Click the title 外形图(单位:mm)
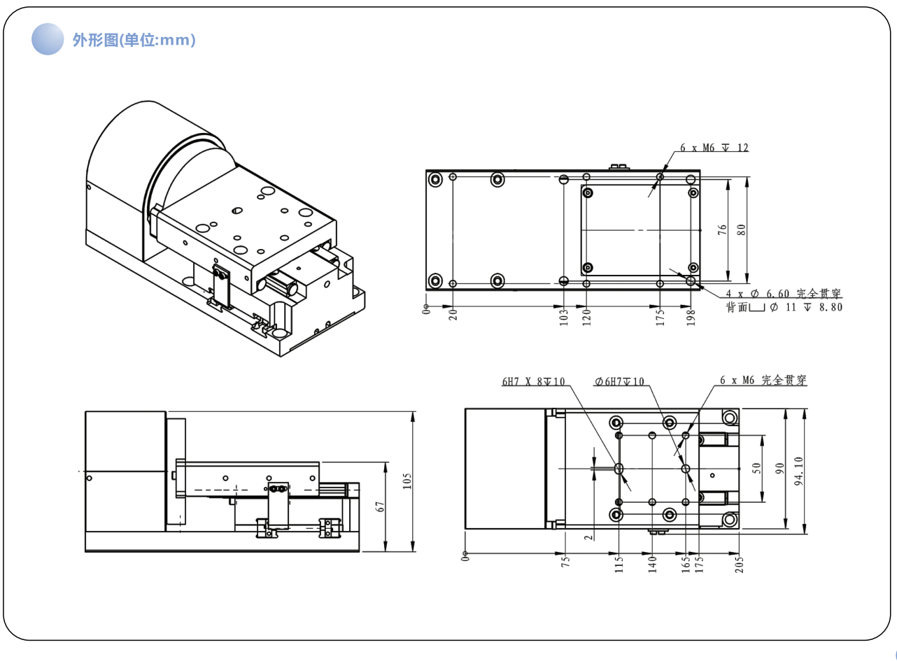coord(134,40)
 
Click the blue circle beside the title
coord(48,39)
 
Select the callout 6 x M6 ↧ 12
coord(714,148)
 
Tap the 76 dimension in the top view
coord(723,229)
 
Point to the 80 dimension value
coord(741,229)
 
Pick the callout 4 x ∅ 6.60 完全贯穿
coord(784,294)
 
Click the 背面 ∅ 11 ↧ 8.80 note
coord(784,307)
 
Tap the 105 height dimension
coord(407,481)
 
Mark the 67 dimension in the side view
coord(381,506)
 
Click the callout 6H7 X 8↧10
coord(533,382)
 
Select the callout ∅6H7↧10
coord(619,382)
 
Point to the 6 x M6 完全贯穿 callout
coord(763,381)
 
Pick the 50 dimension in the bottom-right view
coord(756,468)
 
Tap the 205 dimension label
coord(740,564)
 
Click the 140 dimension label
coord(652,564)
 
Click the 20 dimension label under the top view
coord(453,316)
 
